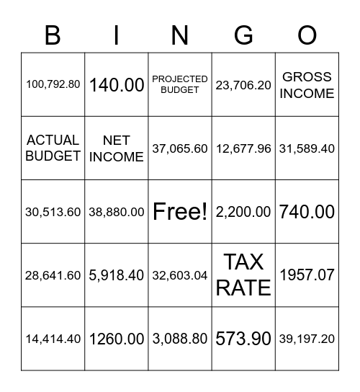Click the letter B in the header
pyautogui.click(x=53, y=35)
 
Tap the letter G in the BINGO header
pyautogui.click(x=243, y=35)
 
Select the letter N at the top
pyautogui.click(x=180, y=35)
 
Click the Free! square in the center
pyautogui.click(x=180, y=212)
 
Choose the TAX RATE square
pyautogui.click(x=243, y=275)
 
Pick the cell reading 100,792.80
pyautogui.click(x=53, y=84)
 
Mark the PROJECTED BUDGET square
pyautogui.click(x=180, y=84)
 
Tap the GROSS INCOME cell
pyautogui.click(x=307, y=84)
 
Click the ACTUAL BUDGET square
pyautogui.click(x=53, y=148)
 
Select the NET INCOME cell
pyautogui.click(x=117, y=148)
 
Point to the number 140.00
pyautogui.click(x=117, y=84)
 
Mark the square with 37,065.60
pyautogui.click(x=180, y=148)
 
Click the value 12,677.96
pyautogui.click(x=243, y=148)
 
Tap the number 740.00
pyautogui.click(x=307, y=212)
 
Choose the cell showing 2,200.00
pyautogui.click(x=243, y=212)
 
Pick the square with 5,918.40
pyautogui.click(x=117, y=275)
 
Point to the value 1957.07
pyautogui.click(x=307, y=275)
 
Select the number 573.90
pyautogui.click(x=243, y=339)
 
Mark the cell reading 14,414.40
pyautogui.click(x=53, y=339)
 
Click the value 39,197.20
pyautogui.click(x=307, y=339)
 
